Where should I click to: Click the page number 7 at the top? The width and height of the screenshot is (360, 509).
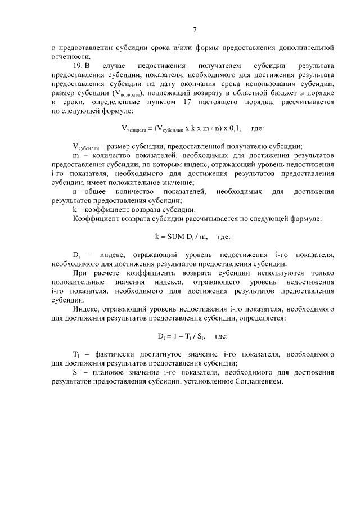coord(194,30)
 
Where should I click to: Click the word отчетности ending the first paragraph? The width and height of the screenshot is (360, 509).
coord(70,56)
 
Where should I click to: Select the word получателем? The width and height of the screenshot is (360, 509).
coord(213,66)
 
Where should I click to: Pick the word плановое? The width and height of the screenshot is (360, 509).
coord(111,372)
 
